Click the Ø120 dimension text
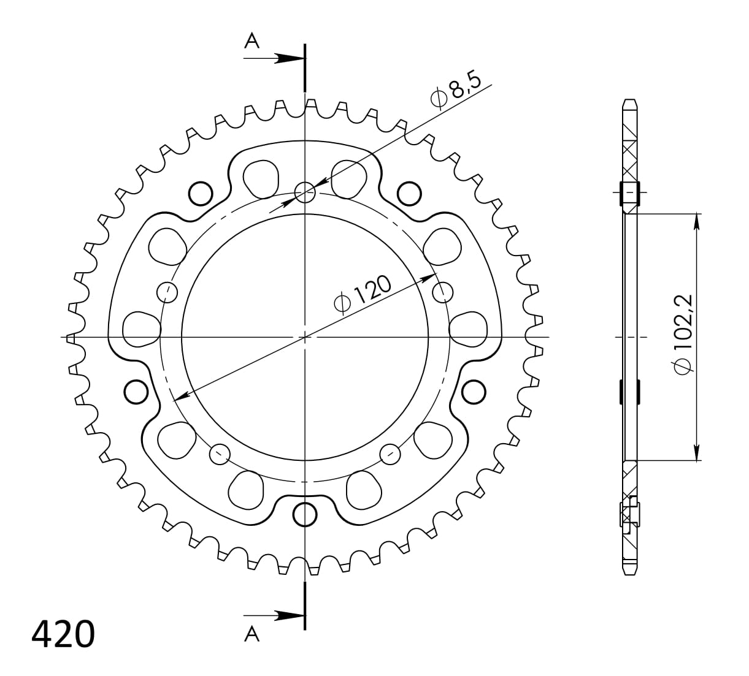pyautogui.click(x=362, y=294)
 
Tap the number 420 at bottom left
pyautogui.click(x=63, y=634)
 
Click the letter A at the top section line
pyautogui.click(x=252, y=41)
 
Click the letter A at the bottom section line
pyautogui.click(x=252, y=635)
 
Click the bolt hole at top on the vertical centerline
pyautogui.click(x=305, y=193)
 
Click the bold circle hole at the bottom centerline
pyautogui.click(x=305, y=514)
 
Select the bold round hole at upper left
pyautogui.click(x=200, y=194)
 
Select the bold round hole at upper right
pyautogui.click(x=410, y=194)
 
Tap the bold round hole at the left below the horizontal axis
pyautogui.click(x=136, y=392)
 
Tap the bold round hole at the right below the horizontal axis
pyautogui.click(x=474, y=392)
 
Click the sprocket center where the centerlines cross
pyautogui.click(x=305, y=336)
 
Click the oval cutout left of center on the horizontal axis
pyautogui.click(x=141, y=329)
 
